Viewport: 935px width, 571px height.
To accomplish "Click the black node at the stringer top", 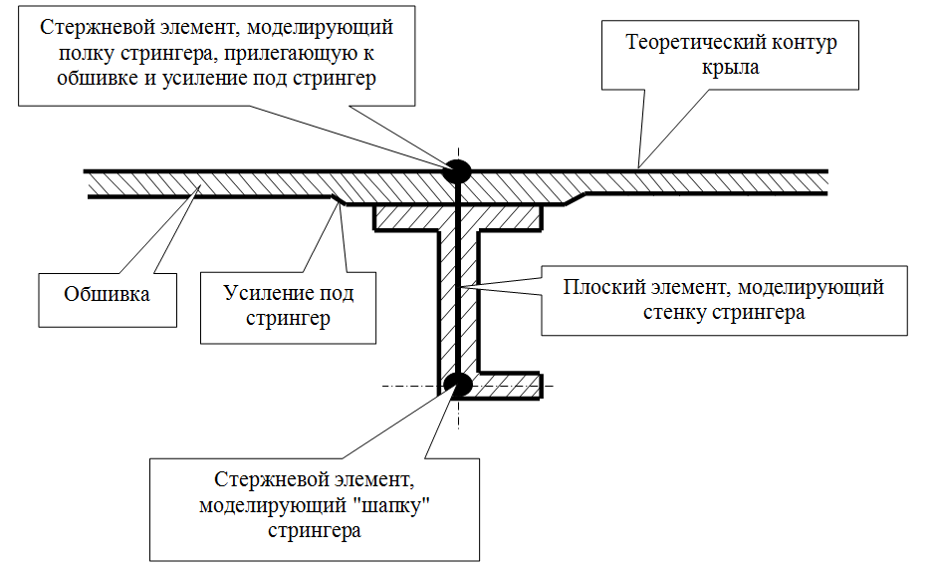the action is (457, 171).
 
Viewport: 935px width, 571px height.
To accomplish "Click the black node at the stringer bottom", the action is (458, 386).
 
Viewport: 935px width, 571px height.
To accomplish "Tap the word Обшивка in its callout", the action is (107, 294).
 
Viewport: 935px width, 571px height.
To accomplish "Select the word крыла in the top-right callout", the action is (730, 68).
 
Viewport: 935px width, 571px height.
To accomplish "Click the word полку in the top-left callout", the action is (87, 53).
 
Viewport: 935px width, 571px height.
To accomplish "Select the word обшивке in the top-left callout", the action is (98, 78).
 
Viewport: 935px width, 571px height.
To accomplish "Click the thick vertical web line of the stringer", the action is (458, 279).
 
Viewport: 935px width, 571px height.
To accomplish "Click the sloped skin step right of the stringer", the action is (575, 199).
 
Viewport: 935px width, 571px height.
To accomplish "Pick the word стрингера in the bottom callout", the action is (315, 531).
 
